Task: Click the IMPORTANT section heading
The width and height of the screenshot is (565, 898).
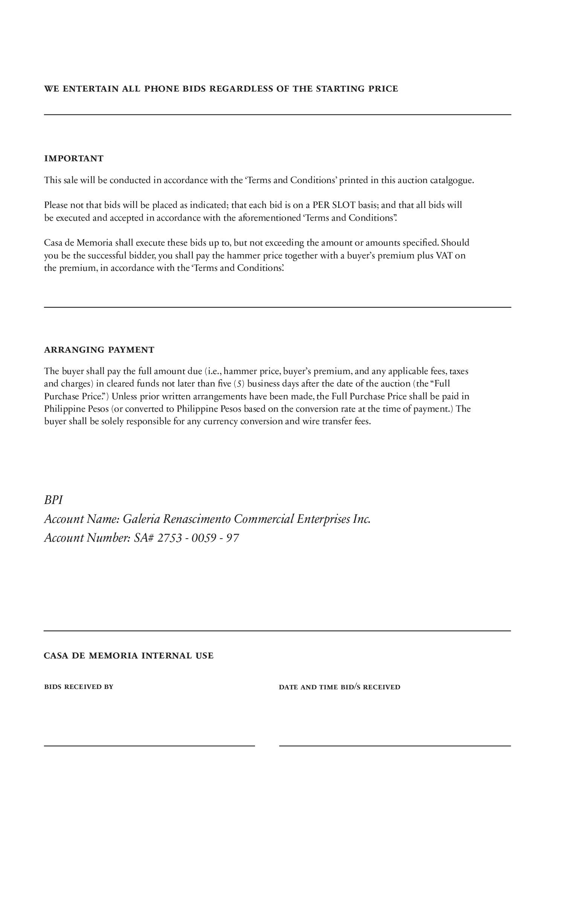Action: (x=74, y=159)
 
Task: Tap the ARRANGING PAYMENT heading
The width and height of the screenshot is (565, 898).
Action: (x=99, y=350)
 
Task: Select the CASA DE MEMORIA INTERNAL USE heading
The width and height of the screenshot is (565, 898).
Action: (x=128, y=656)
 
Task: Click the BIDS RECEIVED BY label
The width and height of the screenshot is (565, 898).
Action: (x=79, y=687)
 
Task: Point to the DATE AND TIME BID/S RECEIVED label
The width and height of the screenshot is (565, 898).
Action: (x=339, y=687)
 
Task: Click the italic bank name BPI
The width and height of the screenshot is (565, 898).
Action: (x=53, y=500)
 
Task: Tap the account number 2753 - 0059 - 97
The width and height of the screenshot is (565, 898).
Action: (x=198, y=538)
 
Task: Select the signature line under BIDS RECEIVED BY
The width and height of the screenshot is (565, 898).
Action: (x=150, y=745)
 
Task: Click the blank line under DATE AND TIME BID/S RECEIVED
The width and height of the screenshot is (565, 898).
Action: (x=395, y=745)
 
